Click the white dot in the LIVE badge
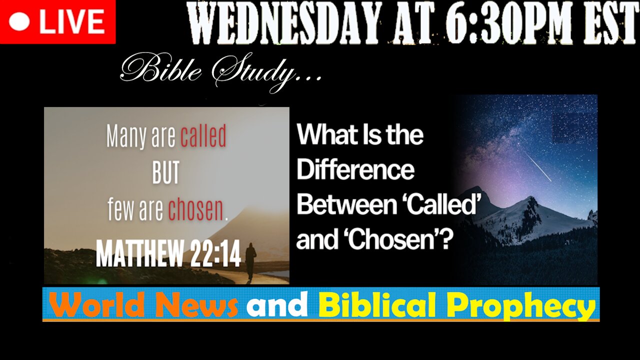tap(19, 22)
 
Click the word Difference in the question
tap(355, 170)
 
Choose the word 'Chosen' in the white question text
tap(394, 240)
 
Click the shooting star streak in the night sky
tap(537, 166)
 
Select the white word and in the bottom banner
tap(276, 304)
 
